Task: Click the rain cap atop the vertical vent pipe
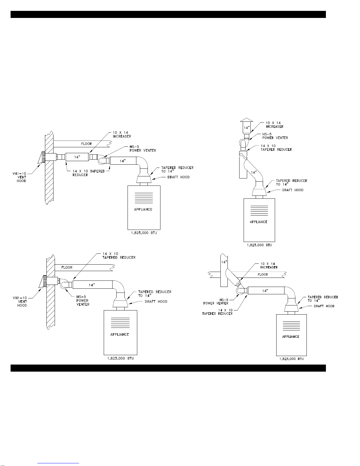click(247, 120)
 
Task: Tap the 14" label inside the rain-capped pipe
click(247, 128)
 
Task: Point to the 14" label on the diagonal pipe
click(254, 172)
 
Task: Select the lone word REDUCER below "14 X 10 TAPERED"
click(80, 175)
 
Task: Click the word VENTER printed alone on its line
click(83, 305)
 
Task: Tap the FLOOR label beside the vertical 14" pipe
click(263, 275)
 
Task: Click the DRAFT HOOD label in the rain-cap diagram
click(293, 190)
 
